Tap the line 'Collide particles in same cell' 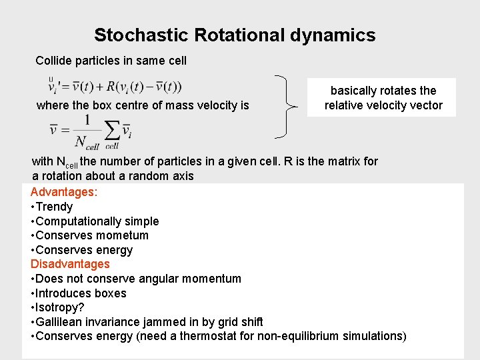pos(111,61)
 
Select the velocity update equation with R pos(115,87)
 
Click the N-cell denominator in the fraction pos(87,141)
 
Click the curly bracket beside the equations pos(287,105)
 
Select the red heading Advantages pos(64,192)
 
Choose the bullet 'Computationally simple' pos(97,221)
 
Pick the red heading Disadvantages pos(70,264)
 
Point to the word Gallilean pos(61,322)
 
